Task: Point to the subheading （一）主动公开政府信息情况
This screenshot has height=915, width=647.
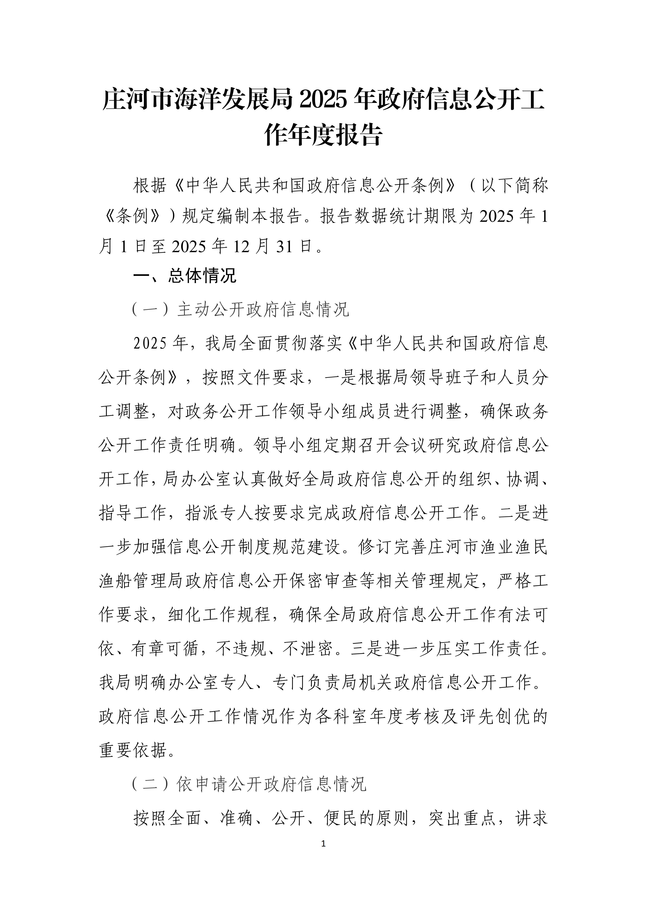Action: tap(240, 310)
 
